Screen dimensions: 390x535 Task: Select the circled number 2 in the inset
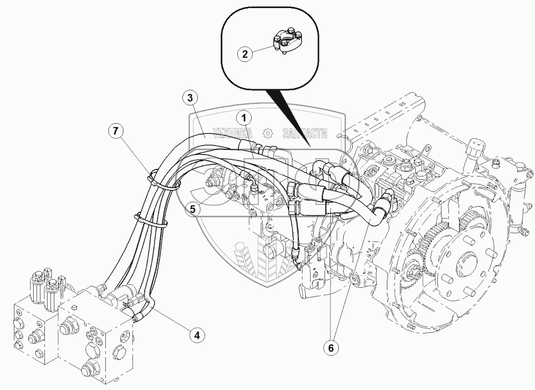(245, 53)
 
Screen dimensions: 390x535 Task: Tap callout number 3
(188, 98)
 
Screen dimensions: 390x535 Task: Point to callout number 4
(197, 335)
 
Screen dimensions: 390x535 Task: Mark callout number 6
(331, 348)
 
